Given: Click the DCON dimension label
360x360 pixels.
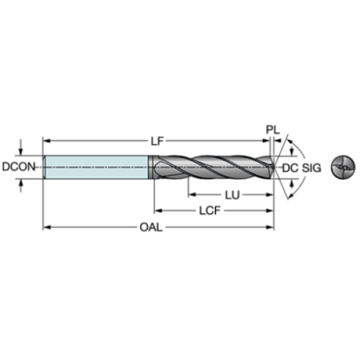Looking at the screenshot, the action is coord(18,167).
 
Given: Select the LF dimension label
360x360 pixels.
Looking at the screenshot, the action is coord(157,141).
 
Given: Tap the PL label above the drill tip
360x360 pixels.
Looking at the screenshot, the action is coord(273,129).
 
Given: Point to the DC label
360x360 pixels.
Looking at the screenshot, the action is coord(290,168).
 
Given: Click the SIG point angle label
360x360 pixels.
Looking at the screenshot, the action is coord(312,168).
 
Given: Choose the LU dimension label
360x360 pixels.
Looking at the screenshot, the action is coord(232,195).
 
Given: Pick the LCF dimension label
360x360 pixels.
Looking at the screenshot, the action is coord(209,211).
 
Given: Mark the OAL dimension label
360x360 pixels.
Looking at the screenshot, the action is coord(151,228).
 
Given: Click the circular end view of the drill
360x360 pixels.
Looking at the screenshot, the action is coord(343,167).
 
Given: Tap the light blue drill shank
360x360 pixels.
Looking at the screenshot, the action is coord(97,167).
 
